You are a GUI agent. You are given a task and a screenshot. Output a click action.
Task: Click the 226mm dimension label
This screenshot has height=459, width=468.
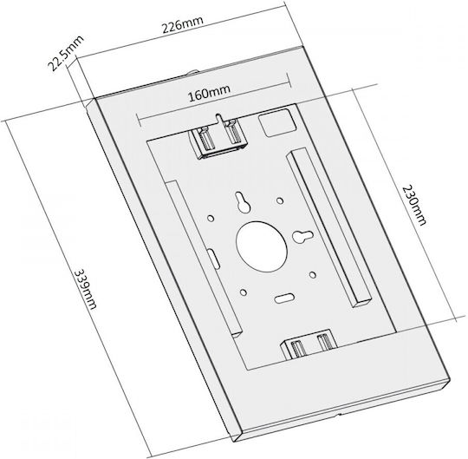click(183, 23)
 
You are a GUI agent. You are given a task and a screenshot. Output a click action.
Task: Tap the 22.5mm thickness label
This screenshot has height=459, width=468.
click(66, 54)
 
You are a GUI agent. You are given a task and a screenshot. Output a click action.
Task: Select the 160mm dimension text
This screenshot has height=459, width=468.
click(209, 93)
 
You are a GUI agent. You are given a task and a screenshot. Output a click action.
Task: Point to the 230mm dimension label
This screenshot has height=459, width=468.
click(414, 206)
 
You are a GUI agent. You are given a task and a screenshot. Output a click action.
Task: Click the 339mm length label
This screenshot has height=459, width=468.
click(85, 290)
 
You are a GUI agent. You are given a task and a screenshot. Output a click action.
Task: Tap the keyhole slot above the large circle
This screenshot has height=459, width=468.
click(243, 201)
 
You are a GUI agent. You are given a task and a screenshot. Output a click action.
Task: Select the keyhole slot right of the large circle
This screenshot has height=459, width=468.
click(302, 236)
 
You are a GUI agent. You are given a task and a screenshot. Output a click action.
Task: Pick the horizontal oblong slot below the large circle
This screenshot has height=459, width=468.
click(284, 298)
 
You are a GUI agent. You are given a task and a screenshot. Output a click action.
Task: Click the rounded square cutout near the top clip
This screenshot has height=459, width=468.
click(276, 122)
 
